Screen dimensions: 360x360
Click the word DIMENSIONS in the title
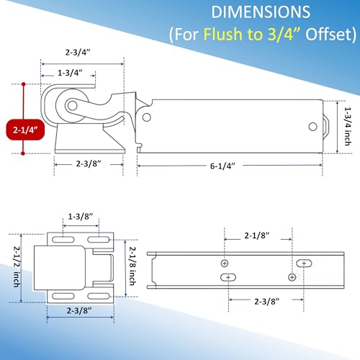click(x=261, y=12)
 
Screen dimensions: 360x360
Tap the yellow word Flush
click(x=222, y=34)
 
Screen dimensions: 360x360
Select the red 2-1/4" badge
click(x=25, y=130)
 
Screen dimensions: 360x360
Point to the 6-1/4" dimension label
click(x=222, y=166)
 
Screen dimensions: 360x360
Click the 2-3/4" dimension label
click(x=78, y=52)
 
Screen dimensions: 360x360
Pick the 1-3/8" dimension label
click(x=81, y=217)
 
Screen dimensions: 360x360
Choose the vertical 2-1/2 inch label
click(x=17, y=266)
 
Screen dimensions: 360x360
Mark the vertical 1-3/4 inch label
click(x=348, y=126)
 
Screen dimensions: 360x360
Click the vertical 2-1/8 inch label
click(x=132, y=266)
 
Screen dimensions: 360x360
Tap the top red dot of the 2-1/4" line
click(x=23, y=84)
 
